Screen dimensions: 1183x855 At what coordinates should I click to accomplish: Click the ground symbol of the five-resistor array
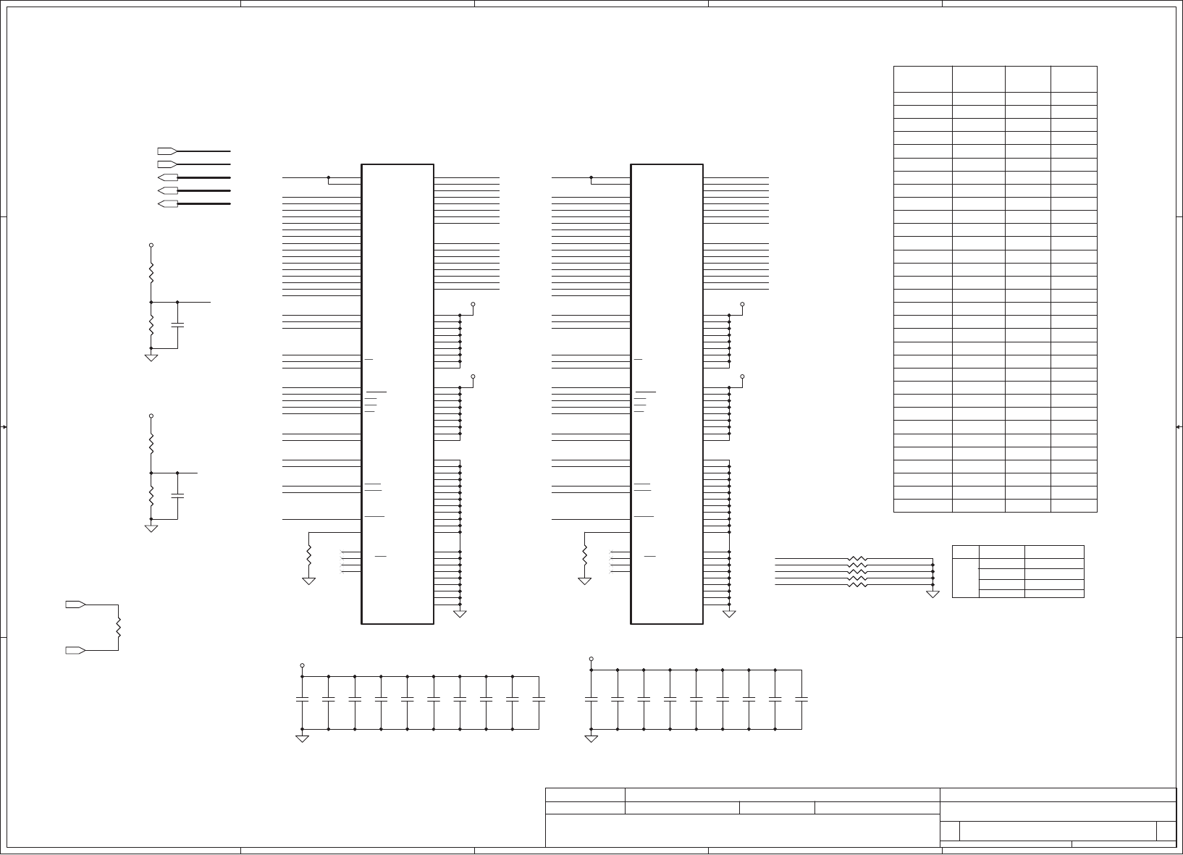[933, 594]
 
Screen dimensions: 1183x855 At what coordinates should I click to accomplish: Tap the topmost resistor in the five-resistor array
[856, 559]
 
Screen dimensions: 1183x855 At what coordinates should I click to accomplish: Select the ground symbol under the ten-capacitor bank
[302, 738]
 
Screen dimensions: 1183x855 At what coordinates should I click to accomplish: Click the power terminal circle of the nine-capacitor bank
[591, 660]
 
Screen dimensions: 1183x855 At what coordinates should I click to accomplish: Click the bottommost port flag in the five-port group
[167, 204]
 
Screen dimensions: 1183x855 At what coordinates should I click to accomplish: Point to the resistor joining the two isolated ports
[118, 627]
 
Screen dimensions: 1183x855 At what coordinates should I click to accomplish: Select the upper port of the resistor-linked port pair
[76, 604]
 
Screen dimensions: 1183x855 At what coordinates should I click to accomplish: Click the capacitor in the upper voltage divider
[177, 325]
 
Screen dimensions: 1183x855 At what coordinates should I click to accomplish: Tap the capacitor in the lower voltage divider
[177, 496]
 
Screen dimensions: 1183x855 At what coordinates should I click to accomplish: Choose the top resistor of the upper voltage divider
[151, 273]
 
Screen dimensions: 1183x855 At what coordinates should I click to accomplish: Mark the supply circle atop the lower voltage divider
[151, 416]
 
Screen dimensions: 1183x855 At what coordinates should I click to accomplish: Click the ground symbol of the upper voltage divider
[151, 358]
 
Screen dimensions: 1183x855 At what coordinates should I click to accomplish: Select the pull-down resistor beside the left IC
[309, 555]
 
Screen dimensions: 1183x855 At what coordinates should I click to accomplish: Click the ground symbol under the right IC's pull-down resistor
[584, 581]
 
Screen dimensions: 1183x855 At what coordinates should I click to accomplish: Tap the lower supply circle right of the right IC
[743, 376]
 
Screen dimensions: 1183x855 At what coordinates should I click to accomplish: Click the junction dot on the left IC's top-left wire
[329, 177]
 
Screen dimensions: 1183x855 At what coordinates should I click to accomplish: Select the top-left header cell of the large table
[922, 79]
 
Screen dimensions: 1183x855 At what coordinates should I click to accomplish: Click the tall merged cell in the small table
[965, 571]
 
